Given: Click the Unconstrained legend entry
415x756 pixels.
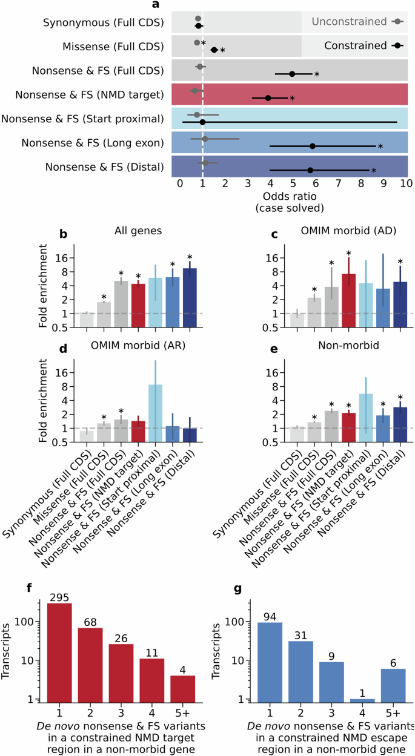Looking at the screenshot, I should click(x=357, y=22).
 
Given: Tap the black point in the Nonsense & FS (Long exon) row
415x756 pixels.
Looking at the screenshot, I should click(x=313, y=146).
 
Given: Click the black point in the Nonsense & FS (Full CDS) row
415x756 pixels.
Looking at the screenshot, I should click(x=292, y=74).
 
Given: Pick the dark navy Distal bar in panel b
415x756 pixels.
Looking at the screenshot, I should click(x=190, y=291).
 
